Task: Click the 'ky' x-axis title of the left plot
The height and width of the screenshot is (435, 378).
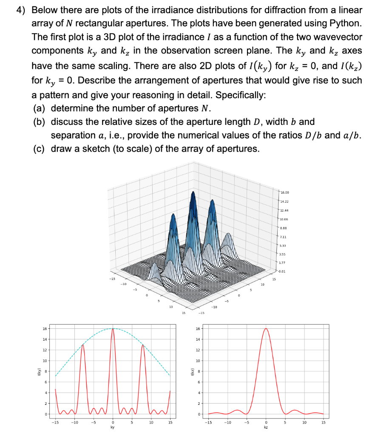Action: (x=113, y=428)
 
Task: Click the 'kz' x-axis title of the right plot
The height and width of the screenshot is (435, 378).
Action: (x=266, y=428)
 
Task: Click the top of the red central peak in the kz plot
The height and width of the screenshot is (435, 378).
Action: (x=266, y=328)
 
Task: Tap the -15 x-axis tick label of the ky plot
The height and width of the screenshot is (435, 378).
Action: (x=55, y=422)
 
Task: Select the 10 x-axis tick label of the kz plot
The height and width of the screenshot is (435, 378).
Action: (x=304, y=422)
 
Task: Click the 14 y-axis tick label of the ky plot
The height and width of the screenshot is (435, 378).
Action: (x=45, y=339)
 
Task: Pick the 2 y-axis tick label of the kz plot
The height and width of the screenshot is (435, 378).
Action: (x=198, y=403)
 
